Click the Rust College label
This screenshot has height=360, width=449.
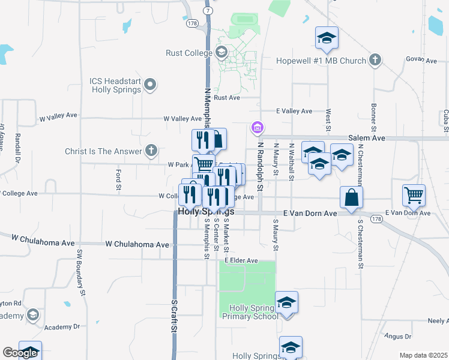188,53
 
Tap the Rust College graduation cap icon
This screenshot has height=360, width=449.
221,52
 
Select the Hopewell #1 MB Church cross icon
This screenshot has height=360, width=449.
375,59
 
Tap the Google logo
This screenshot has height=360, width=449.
20,353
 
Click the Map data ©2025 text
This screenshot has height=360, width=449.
423,355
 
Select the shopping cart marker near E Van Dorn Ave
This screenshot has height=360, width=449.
414,194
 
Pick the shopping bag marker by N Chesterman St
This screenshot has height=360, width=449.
351,197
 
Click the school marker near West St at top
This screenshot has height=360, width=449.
327,39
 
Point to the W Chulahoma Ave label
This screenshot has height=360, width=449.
137,244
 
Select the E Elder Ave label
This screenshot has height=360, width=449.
241,260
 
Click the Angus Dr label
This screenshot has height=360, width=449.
399,337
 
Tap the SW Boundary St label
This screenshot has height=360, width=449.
79,269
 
